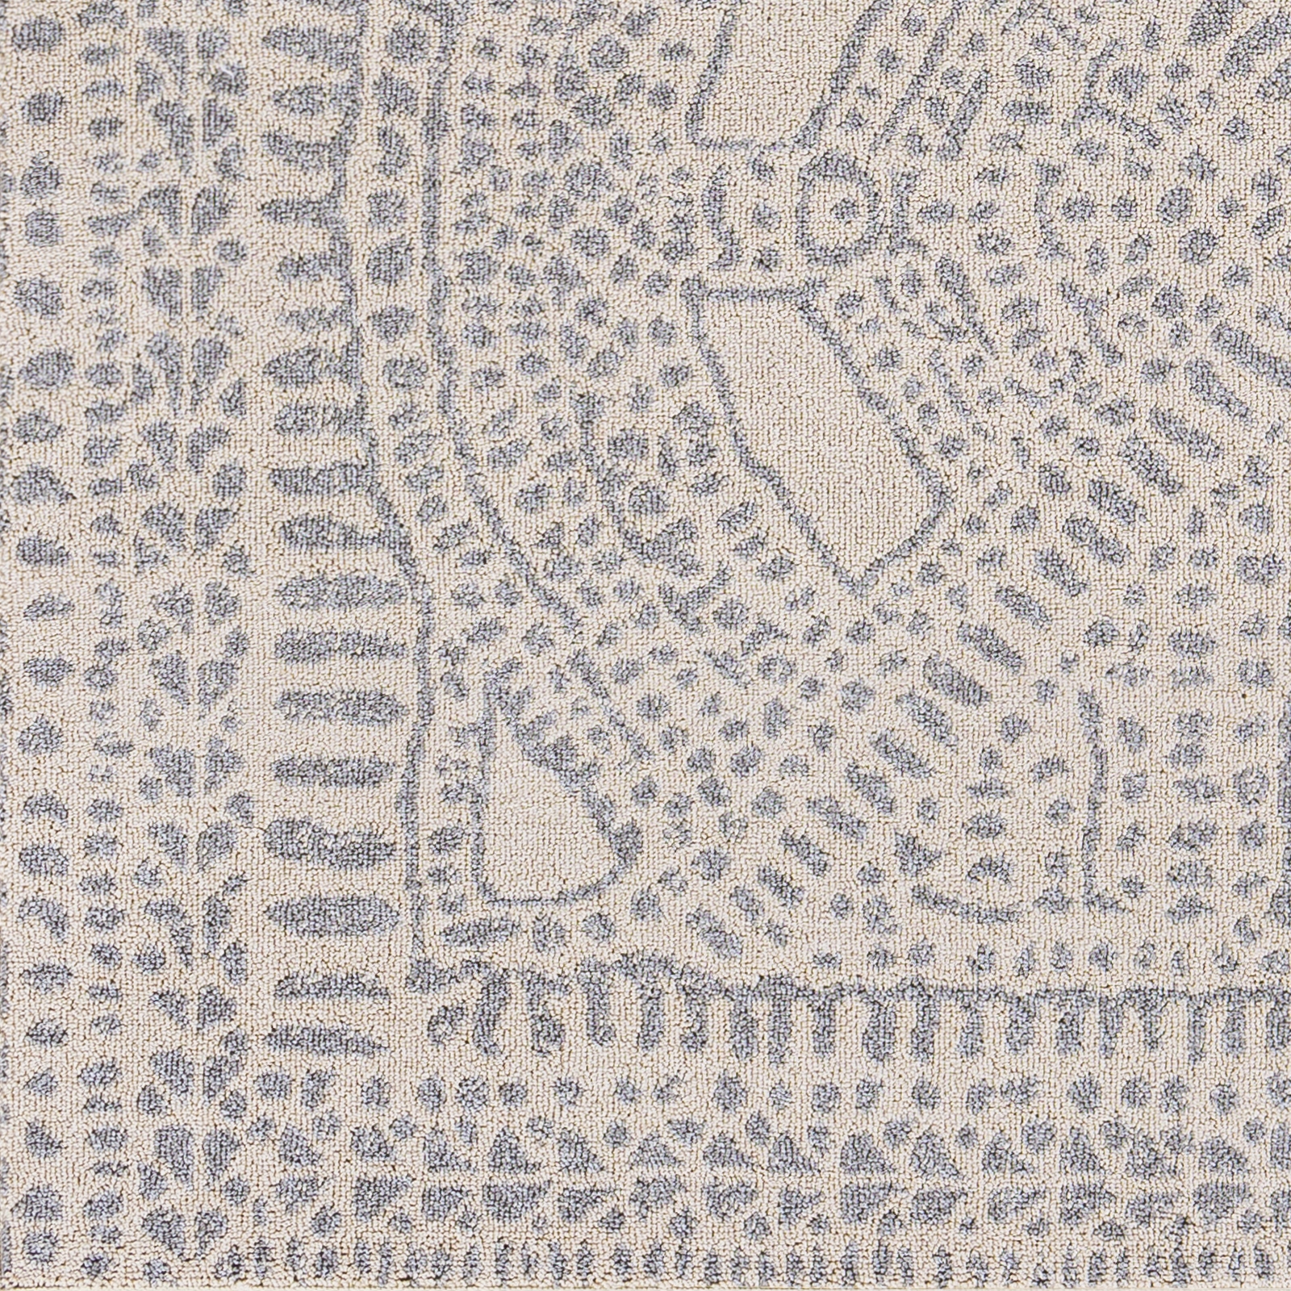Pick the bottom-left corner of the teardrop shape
coord(484,896)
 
